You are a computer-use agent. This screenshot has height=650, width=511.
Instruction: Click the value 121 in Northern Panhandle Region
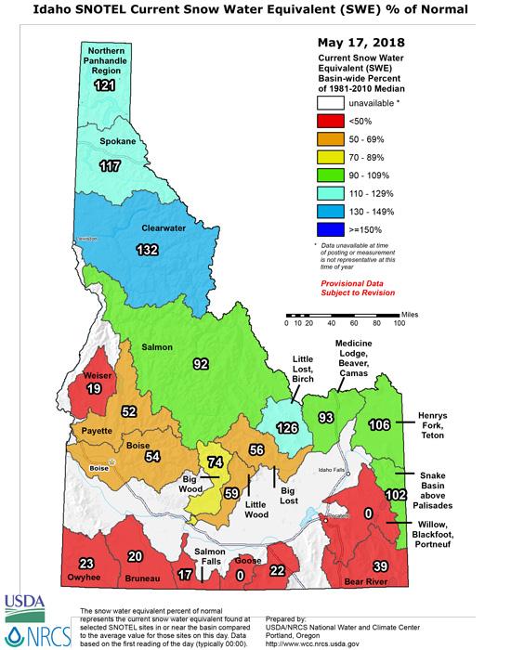pyautogui.click(x=103, y=84)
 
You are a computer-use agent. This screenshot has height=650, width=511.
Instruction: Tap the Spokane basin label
pyautogui.click(x=118, y=142)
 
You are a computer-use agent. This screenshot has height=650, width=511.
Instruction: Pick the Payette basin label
pyautogui.click(x=95, y=431)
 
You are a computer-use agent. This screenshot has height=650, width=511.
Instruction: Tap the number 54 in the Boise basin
pyautogui.click(x=151, y=457)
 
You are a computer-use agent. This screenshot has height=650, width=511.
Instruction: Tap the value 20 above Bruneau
pyautogui.click(x=136, y=557)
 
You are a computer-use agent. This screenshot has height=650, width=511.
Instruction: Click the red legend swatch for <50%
pyautogui.click(x=327, y=121)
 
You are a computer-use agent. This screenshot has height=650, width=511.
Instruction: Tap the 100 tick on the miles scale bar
pyautogui.click(x=399, y=324)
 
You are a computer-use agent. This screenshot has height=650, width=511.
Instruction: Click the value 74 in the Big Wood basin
pyautogui.click(x=216, y=461)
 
